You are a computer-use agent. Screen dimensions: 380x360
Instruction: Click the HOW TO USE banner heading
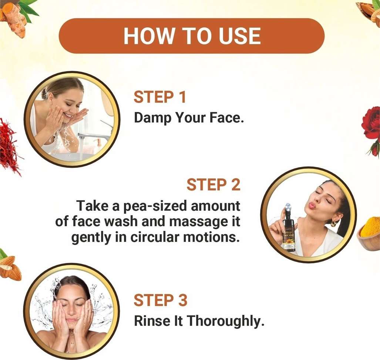coord(192,36)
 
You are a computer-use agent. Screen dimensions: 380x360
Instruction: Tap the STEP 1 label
coord(160,97)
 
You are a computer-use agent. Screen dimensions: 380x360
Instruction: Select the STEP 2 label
coord(213,184)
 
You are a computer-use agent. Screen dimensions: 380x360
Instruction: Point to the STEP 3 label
coord(161,300)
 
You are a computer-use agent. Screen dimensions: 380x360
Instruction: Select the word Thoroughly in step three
coord(225,321)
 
